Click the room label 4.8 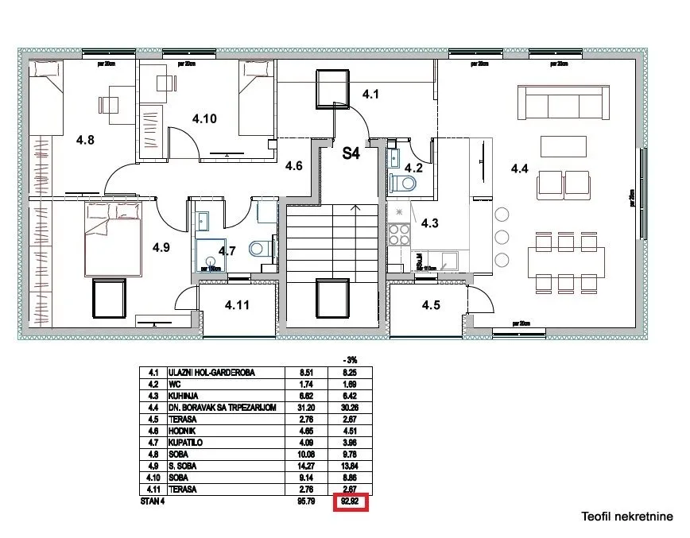[x=85, y=141]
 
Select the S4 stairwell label [x=351, y=153]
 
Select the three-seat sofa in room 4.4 [x=563, y=101]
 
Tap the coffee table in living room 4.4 [x=563, y=146]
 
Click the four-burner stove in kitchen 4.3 [x=398, y=234]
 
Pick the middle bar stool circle [x=502, y=237]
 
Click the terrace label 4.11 [x=237, y=304]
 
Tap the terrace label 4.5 [x=432, y=304]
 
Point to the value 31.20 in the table [x=307, y=408]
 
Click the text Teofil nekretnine [x=626, y=517]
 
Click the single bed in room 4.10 [x=256, y=87]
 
